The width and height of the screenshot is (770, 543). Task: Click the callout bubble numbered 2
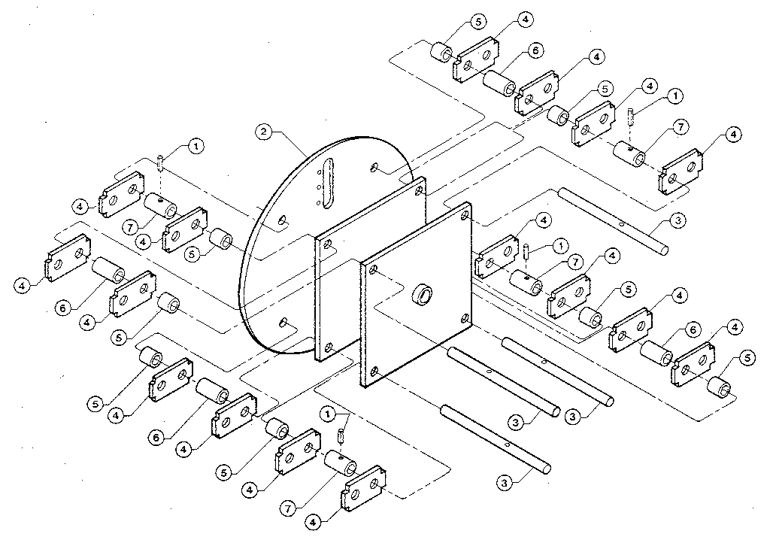pyautogui.click(x=262, y=132)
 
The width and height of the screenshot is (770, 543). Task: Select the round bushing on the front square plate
pyautogui.click(x=424, y=294)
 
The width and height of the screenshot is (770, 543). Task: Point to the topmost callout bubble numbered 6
pyautogui.click(x=535, y=50)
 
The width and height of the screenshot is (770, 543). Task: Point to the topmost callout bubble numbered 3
pyautogui.click(x=677, y=220)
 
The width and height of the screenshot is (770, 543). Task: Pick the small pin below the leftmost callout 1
pyautogui.click(x=162, y=162)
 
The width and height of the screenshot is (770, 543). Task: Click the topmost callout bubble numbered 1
pyautogui.click(x=675, y=96)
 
